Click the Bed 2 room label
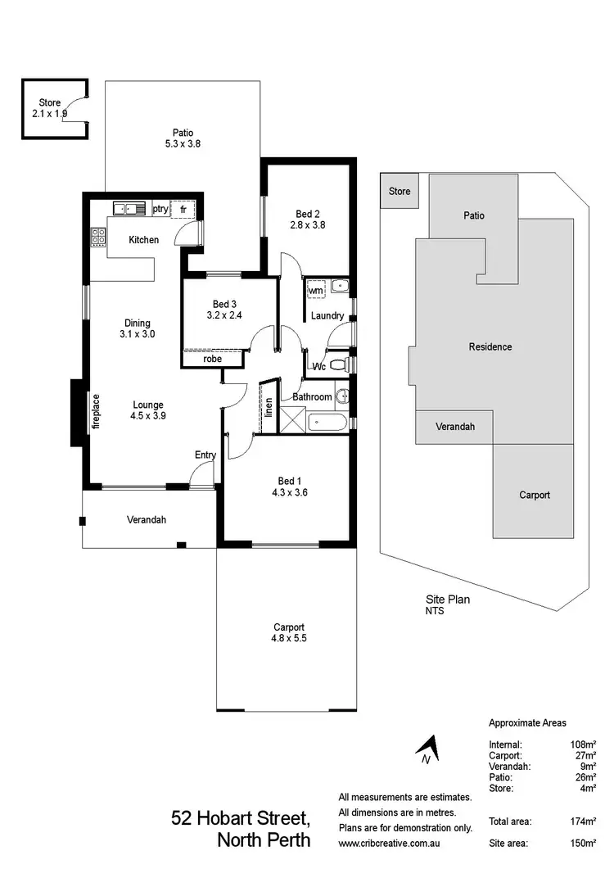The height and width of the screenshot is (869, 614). tap(305, 214)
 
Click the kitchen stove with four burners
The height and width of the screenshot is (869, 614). tap(98, 237)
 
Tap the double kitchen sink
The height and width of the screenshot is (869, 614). tap(129, 209)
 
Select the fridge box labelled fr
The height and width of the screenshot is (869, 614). tap(183, 210)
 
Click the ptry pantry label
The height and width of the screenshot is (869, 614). tap(160, 210)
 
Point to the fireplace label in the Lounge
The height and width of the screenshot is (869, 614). tap(96, 411)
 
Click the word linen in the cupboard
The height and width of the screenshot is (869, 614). tap(269, 407)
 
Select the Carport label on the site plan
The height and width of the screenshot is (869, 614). tap(535, 495)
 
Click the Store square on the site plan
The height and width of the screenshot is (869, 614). tap(399, 192)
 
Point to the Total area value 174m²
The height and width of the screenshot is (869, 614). tap(582, 821)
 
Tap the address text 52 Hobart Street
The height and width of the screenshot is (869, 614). tap(241, 818)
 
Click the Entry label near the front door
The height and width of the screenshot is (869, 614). tap(205, 455)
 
